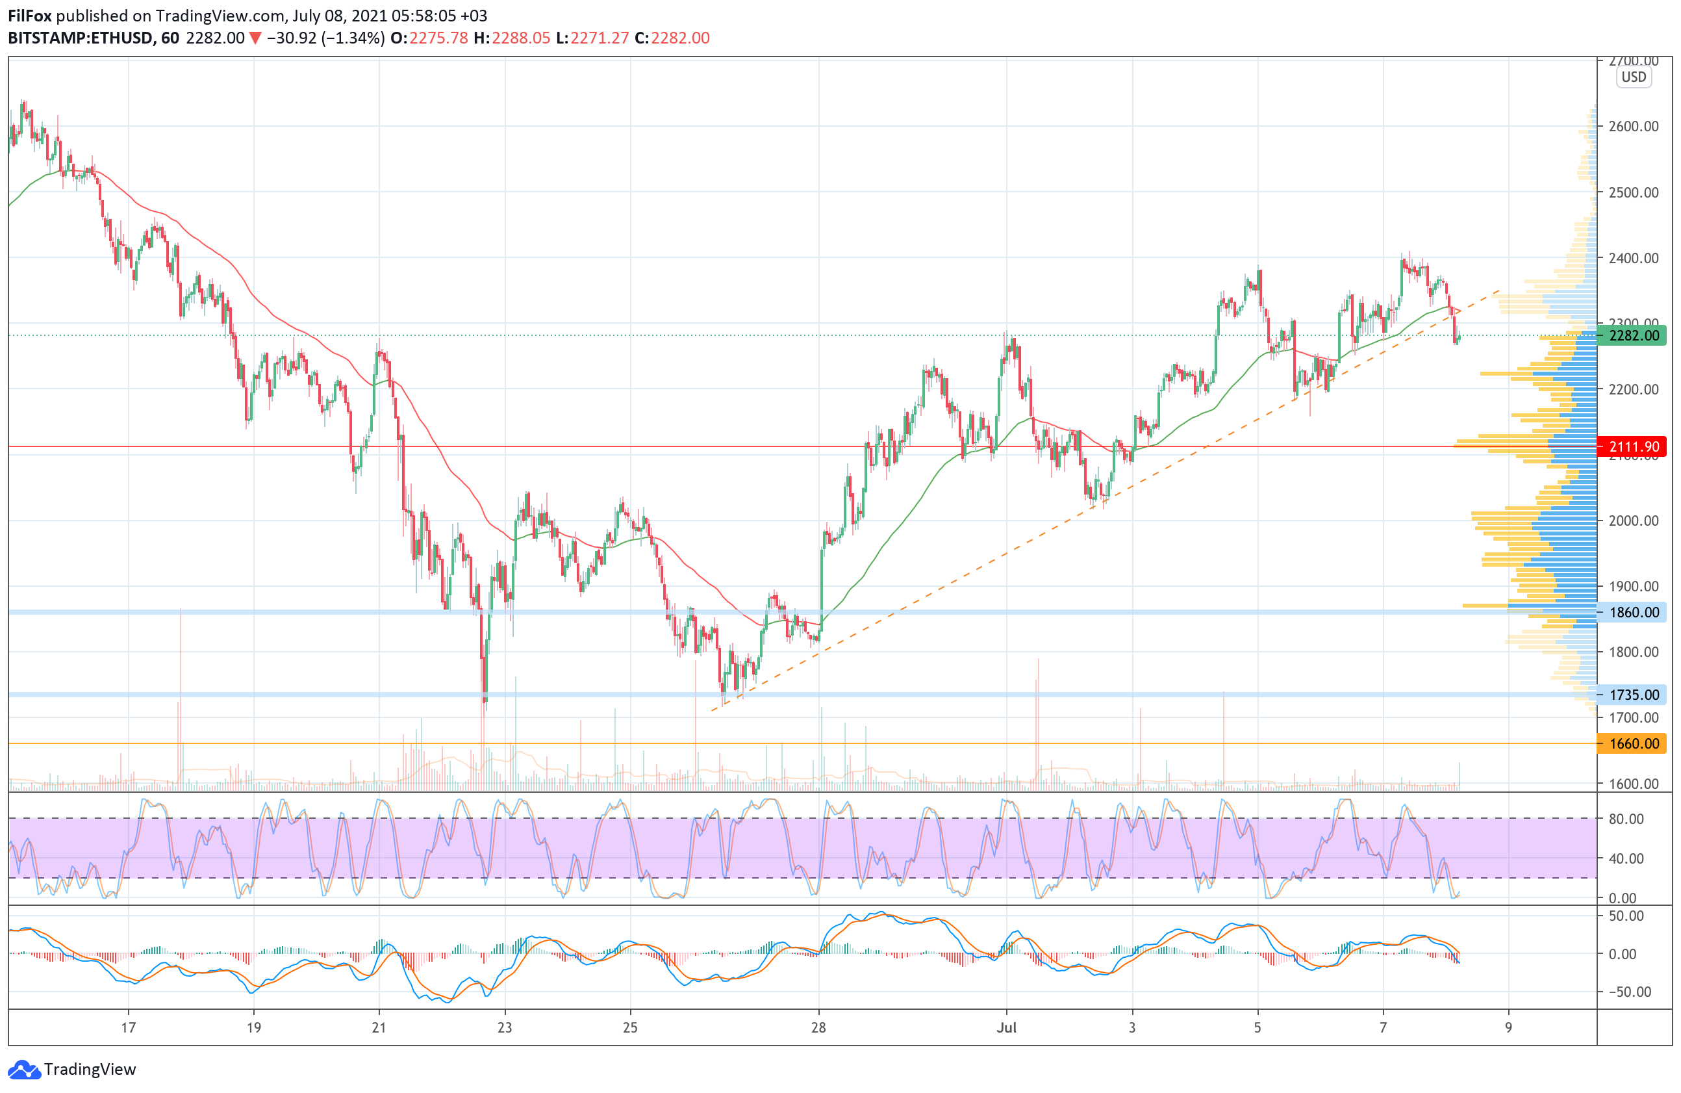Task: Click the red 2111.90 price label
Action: pyautogui.click(x=1633, y=446)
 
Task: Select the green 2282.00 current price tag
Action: pyautogui.click(x=1633, y=335)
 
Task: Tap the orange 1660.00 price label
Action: pyautogui.click(x=1633, y=743)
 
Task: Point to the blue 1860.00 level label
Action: pyautogui.click(x=1633, y=613)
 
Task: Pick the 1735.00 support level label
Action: pyautogui.click(x=1633, y=695)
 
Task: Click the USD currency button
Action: pyautogui.click(x=1633, y=77)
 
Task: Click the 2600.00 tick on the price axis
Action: pyautogui.click(x=1633, y=127)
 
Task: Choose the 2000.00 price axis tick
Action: pyautogui.click(x=1633, y=521)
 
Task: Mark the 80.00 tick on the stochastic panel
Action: pyautogui.click(x=1626, y=819)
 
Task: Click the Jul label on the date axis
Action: pyautogui.click(x=1007, y=1027)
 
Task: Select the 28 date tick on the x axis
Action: pyautogui.click(x=818, y=1027)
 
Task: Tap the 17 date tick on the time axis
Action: pyautogui.click(x=128, y=1027)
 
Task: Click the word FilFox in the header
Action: pyautogui.click(x=30, y=16)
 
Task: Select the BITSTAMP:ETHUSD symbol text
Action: pyautogui.click(x=80, y=38)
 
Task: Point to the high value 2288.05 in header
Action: pyautogui.click(x=520, y=38)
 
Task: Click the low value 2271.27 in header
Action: pyautogui.click(x=599, y=38)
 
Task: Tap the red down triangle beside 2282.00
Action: pyautogui.click(x=255, y=38)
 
